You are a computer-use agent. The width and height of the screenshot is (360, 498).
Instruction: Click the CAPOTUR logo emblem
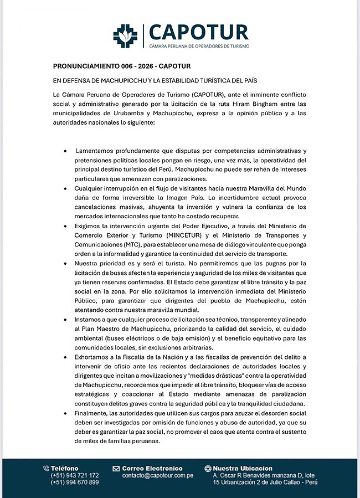point(125,35)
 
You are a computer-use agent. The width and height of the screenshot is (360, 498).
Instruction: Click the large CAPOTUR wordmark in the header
point(198,31)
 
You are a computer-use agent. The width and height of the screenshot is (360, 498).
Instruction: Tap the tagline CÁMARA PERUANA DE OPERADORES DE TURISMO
point(199,46)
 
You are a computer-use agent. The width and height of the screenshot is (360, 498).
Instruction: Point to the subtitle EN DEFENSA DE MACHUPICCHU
point(156,80)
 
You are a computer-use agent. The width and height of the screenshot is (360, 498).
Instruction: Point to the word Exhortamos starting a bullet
point(95,358)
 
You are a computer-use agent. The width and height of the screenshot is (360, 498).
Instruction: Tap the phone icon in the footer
point(46,469)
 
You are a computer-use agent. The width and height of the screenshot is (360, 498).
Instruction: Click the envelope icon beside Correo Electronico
point(116,469)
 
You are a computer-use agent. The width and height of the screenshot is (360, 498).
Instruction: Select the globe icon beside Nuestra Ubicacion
point(208,469)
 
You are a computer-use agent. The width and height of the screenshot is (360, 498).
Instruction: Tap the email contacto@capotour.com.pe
point(158,475)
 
